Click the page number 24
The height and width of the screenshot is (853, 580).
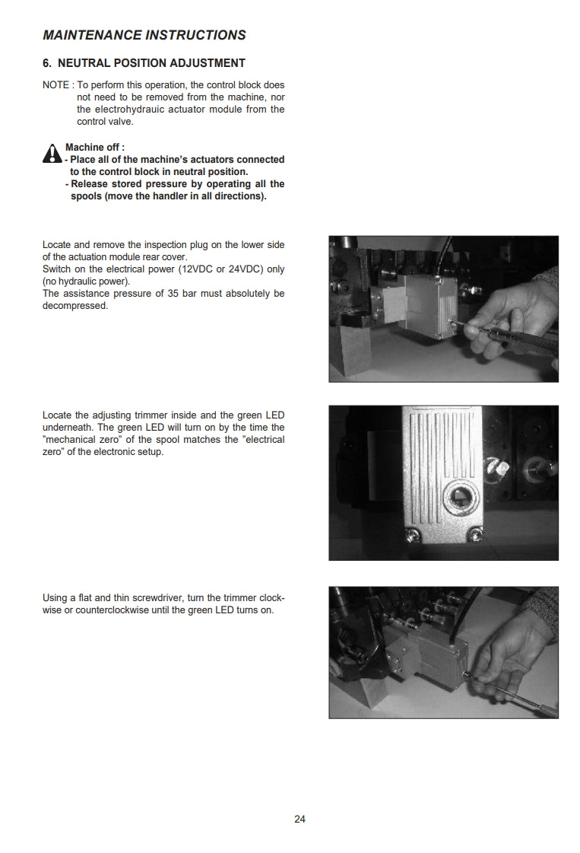(x=300, y=820)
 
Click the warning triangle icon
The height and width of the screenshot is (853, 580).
(x=52, y=154)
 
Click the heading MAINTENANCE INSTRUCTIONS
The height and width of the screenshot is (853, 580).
(x=144, y=35)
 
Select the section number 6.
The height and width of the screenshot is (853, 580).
(x=47, y=63)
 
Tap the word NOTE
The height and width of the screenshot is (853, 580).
(x=55, y=85)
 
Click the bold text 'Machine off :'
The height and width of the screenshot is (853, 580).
(x=95, y=148)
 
